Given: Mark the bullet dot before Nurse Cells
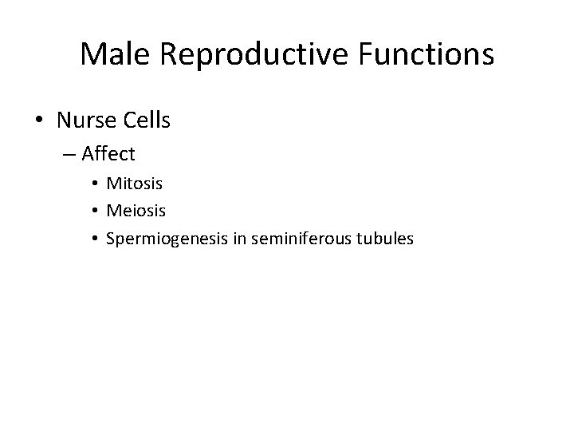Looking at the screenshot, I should [39, 121].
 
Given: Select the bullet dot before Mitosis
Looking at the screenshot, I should [95, 184].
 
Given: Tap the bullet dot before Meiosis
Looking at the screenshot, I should [95, 211].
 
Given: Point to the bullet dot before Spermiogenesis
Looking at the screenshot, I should [95, 238].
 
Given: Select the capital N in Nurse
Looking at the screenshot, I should [65, 120].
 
